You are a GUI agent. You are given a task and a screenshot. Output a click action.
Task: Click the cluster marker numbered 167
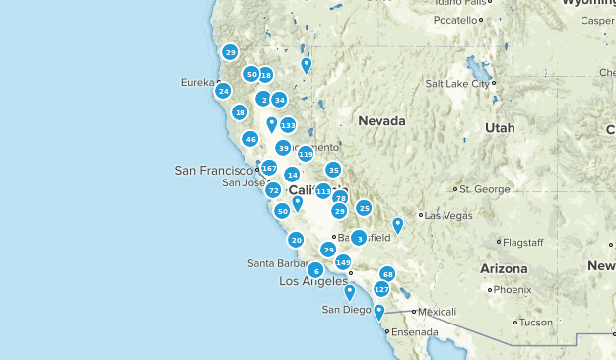coord(269,168)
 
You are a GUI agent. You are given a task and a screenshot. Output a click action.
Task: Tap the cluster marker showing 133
coord(288,125)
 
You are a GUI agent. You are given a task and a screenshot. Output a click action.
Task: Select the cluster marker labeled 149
coord(343,262)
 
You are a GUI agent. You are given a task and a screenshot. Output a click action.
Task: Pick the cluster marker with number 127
coord(381,289)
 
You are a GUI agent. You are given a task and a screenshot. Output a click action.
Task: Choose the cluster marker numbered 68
coord(388,273)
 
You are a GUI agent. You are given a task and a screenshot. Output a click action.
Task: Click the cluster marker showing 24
coord(223,91)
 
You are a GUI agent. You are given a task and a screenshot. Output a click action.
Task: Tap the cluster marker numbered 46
coord(250,139)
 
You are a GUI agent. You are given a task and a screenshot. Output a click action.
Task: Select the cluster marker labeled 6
coord(315,270)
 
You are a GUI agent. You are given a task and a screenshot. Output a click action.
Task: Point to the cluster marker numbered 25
coord(364,208)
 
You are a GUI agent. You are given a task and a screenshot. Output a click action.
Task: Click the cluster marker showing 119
coord(306,154)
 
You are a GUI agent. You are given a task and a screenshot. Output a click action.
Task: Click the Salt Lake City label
coord(457,84)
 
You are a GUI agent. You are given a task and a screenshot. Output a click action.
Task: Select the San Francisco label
coord(214,171)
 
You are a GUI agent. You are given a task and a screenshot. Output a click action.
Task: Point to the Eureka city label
coord(197,82)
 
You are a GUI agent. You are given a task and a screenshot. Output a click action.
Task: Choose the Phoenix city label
coord(513,290)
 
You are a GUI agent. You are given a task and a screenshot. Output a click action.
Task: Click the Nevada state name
coord(381,120)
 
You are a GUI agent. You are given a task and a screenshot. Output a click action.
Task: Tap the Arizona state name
coord(504,268)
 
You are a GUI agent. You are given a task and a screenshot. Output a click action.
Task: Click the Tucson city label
coord(536,323)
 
